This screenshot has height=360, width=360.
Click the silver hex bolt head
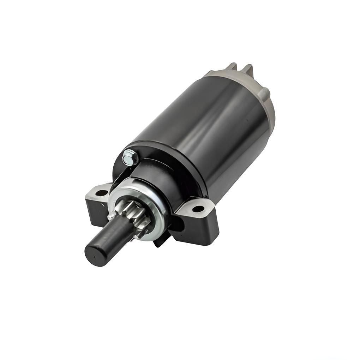(x=130, y=157)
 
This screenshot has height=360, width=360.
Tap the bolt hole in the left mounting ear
(x=102, y=193)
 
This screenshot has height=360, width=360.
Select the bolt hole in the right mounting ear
(x=198, y=209)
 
